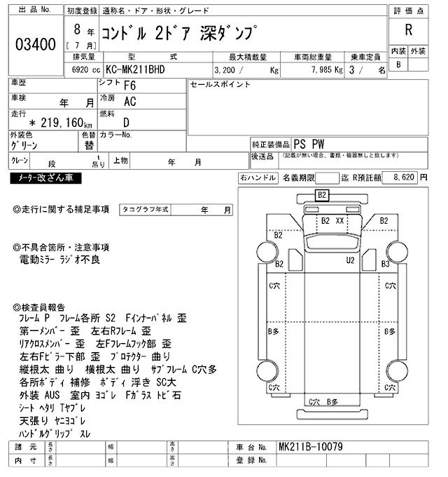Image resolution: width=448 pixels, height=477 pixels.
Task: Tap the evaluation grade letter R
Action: (408, 31)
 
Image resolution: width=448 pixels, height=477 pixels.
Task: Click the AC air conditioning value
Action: (129, 102)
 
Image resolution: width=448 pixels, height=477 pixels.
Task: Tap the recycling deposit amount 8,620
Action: (405, 179)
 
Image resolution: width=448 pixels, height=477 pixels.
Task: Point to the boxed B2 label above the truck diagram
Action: (322, 195)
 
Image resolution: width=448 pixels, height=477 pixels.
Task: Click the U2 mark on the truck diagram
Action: (351, 260)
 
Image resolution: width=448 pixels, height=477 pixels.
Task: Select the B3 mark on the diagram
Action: (385, 264)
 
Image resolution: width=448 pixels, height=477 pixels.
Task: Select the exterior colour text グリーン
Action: (24, 146)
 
